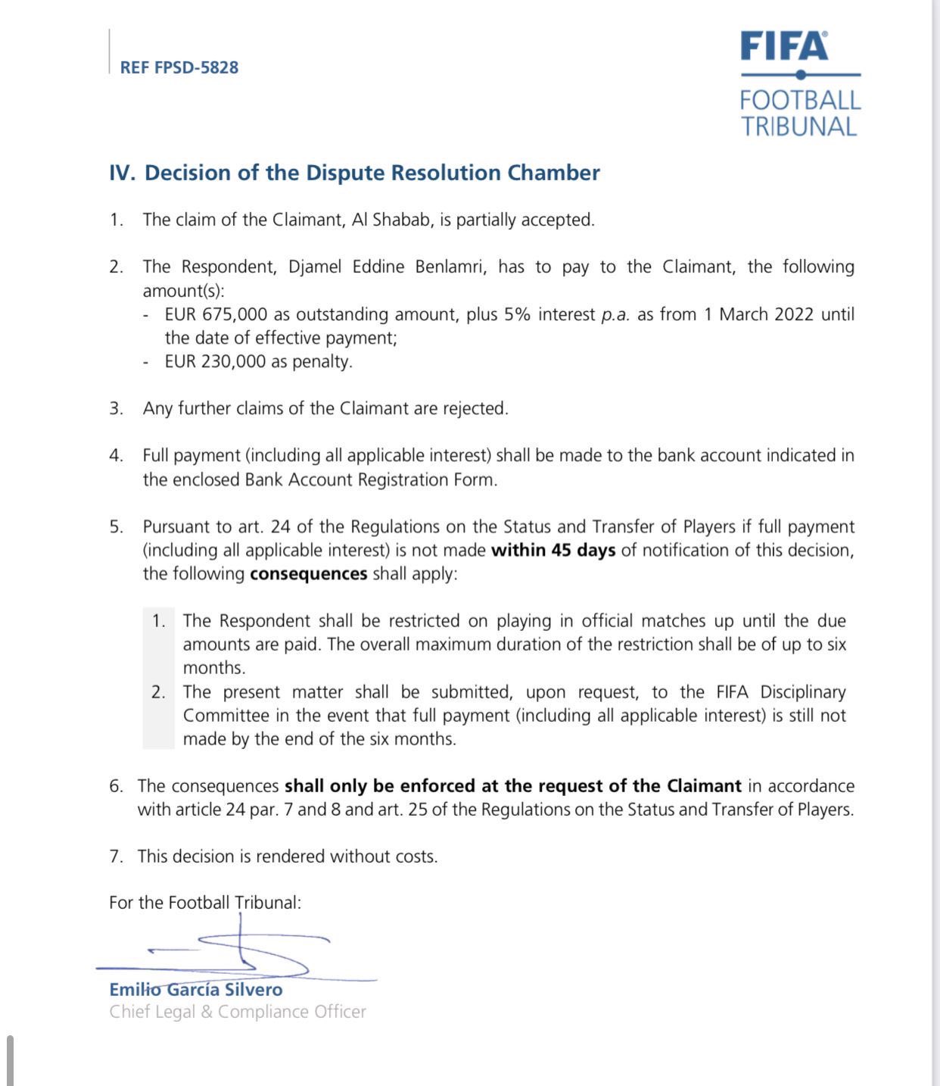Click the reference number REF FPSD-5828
pos(179,67)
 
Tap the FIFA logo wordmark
pos(784,46)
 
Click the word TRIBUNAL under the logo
pos(798,126)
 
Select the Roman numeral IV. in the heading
pos(123,173)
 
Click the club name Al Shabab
pos(393,220)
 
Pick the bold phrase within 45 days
pos(553,551)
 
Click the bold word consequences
pos(309,574)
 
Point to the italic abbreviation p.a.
pos(615,315)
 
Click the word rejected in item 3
pos(475,409)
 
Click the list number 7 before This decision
pos(116,857)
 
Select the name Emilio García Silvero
pos(196,990)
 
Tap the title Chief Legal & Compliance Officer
pos(237,1012)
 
